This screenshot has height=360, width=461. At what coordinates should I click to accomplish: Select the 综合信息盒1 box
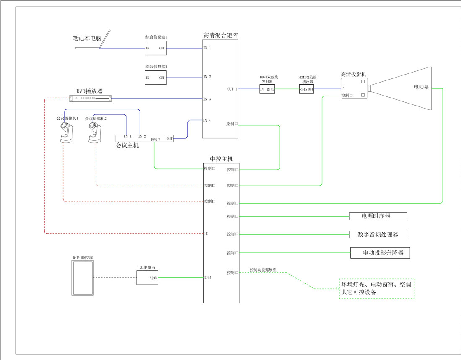[155, 48]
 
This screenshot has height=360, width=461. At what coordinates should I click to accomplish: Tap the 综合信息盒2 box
[155, 78]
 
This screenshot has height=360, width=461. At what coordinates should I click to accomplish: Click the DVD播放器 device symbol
[91, 98]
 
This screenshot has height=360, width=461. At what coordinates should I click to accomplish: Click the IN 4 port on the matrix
[207, 121]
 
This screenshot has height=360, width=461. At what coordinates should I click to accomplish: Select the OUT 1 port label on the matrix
[232, 89]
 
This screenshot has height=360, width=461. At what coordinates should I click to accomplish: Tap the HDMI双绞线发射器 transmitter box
[267, 89]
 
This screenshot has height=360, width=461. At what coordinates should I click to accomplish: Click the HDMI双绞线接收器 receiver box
[306, 89]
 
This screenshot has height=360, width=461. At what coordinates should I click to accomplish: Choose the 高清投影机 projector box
[354, 88]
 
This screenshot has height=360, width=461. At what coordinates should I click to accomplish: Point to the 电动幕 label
[421, 88]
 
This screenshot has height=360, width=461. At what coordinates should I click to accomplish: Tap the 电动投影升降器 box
[380, 253]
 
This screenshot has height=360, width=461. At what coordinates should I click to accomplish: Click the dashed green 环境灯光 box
[376, 288]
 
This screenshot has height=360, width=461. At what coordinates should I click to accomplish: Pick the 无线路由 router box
[148, 277]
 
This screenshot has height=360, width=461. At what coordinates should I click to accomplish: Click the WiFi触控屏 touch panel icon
[82, 278]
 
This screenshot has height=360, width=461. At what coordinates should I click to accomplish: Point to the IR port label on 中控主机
[206, 233]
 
